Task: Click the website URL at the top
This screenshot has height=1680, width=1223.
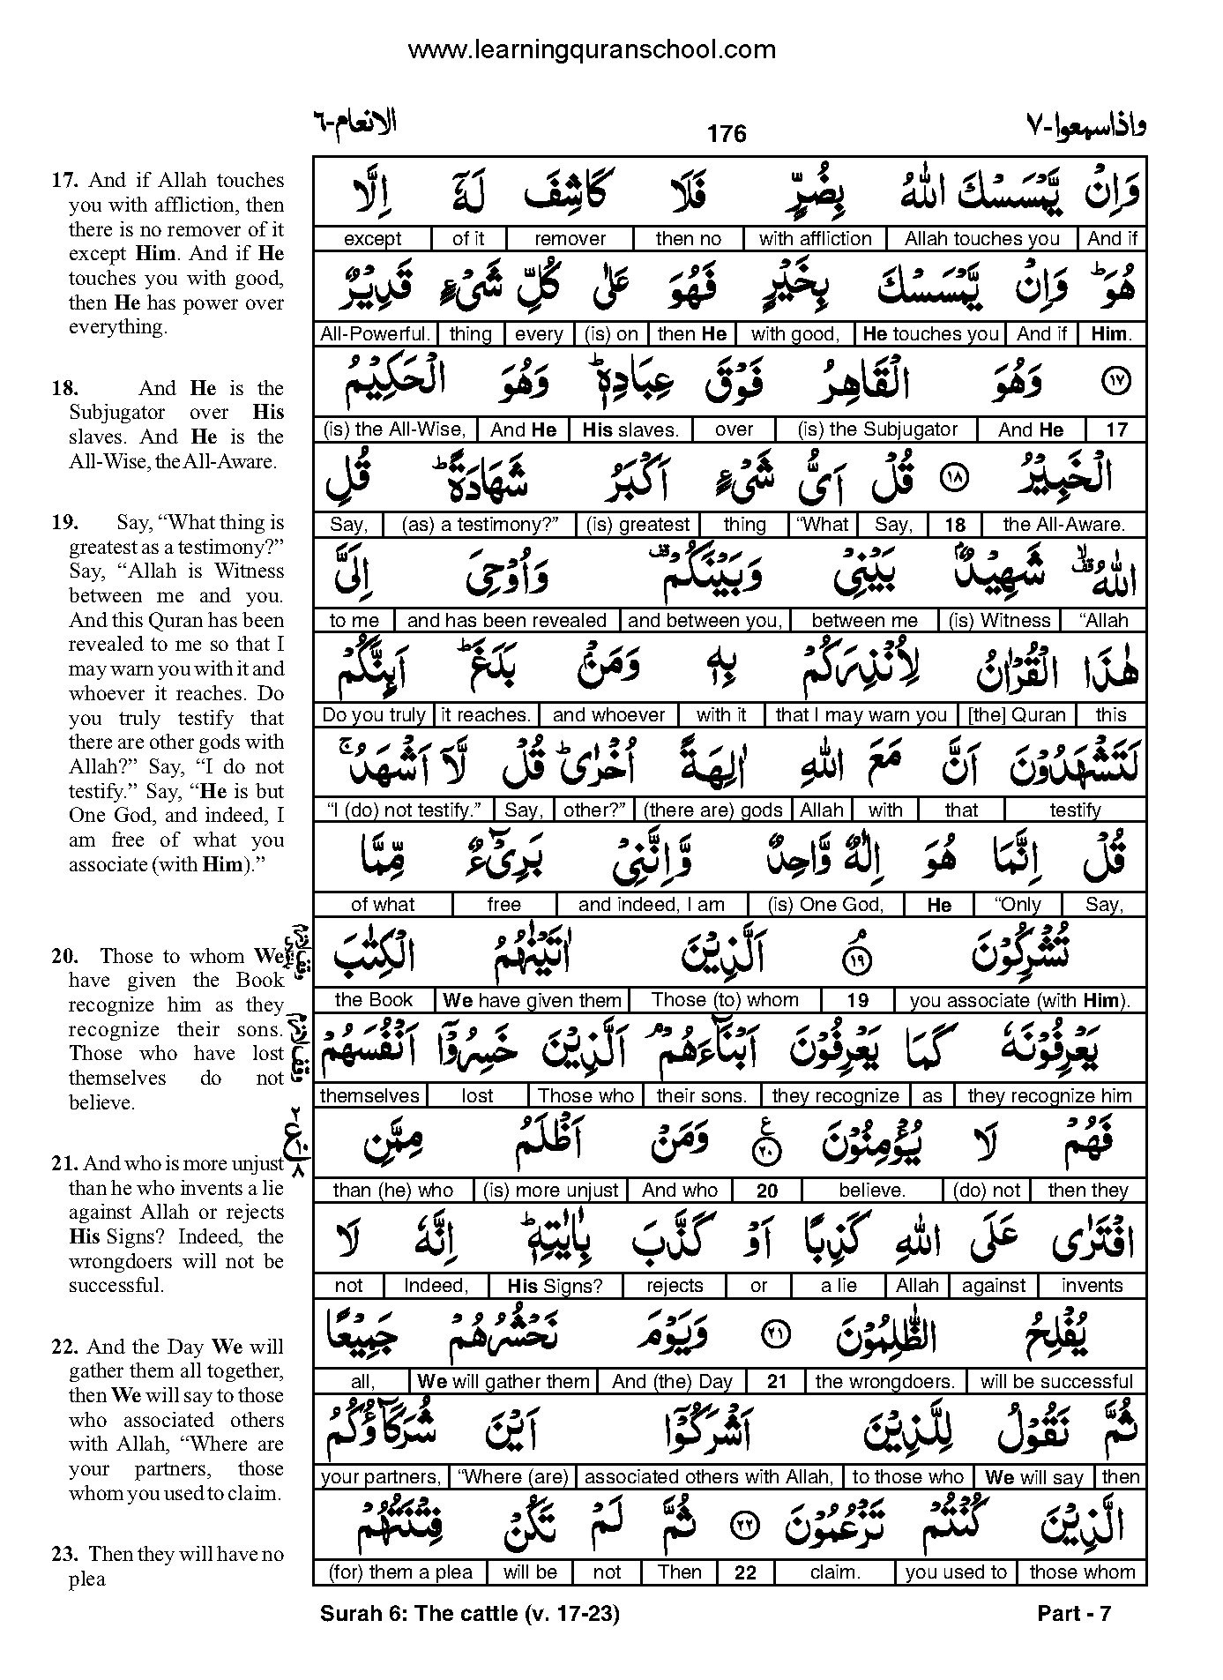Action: click(592, 49)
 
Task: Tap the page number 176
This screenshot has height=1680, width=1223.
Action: click(727, 133)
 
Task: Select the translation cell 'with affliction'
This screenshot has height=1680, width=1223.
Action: click(815, 238)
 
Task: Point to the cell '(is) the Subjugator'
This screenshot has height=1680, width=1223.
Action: click(876, 429)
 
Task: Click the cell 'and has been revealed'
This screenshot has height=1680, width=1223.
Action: click(506, 620)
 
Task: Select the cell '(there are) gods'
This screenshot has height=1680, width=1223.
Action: click(713, 810)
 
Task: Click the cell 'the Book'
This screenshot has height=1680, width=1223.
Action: click(374, 999)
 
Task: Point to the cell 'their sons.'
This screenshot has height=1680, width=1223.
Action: click(702, 1095)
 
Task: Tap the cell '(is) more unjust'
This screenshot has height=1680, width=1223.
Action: click(550, 1191)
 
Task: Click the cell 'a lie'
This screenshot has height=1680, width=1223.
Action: click(838, 1286)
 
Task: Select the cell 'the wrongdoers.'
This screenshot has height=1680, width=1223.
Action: click(884, 1382)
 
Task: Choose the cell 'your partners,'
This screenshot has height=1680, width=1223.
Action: click(381, 1477)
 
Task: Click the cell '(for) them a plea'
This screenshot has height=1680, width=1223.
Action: click(399, 1572)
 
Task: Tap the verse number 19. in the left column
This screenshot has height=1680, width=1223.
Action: click(64, 522)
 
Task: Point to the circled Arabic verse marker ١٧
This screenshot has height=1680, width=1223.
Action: click(1115, 382)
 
